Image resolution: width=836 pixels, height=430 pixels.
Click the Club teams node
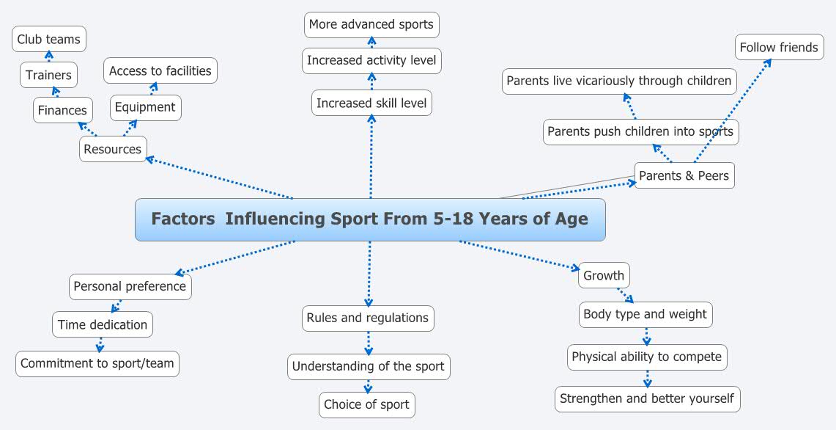49,40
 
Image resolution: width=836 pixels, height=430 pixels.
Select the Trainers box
48,75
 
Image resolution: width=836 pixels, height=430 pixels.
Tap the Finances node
62,111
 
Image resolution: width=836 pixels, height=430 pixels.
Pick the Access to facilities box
160,71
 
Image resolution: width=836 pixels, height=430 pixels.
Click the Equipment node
145,107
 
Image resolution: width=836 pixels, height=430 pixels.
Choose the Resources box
113,149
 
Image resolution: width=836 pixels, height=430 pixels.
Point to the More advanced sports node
371,24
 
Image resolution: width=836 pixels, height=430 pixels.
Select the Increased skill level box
371,103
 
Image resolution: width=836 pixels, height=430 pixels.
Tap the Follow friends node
779,48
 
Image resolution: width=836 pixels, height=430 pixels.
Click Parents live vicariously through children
619,81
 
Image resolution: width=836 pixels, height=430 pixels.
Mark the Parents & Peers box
684,175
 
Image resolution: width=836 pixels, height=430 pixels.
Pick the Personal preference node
130,286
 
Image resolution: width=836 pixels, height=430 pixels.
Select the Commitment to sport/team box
97,363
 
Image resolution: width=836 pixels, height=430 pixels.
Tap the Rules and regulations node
368,318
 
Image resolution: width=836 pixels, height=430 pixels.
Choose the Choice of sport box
367,404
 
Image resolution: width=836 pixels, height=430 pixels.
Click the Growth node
604,276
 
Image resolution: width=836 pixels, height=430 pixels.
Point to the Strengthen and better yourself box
647,398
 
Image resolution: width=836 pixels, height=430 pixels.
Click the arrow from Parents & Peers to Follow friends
733,111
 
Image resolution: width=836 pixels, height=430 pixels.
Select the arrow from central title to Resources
220,178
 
